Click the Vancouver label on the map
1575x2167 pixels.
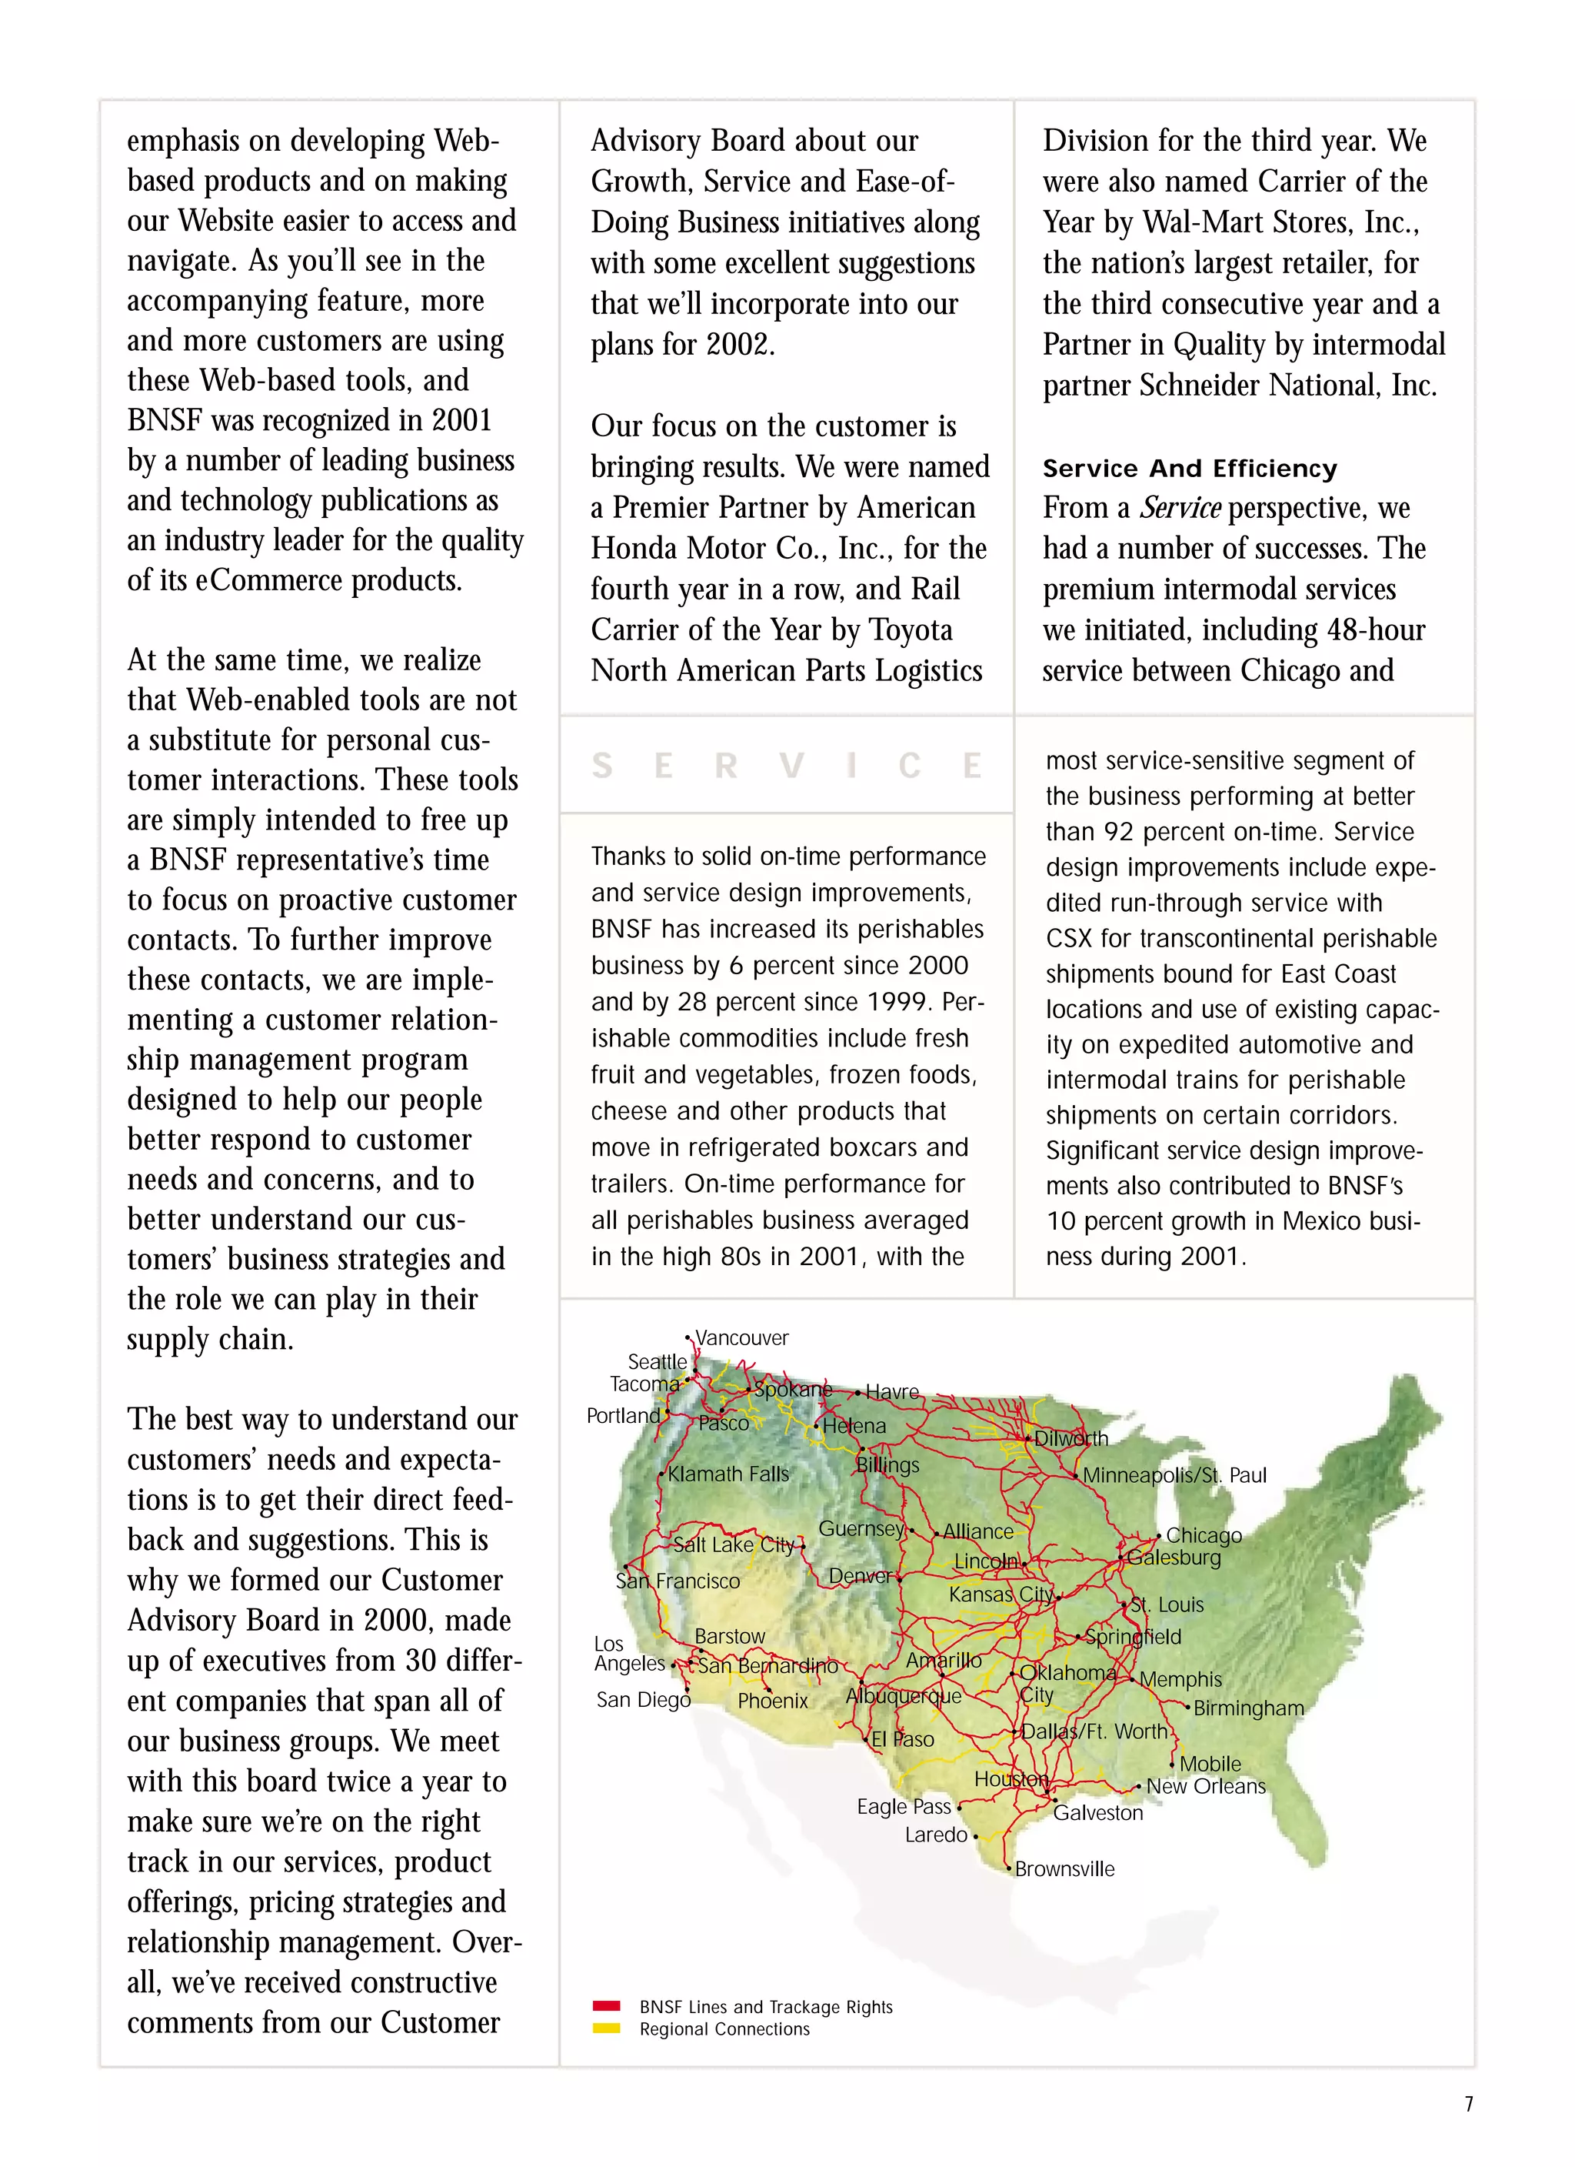click(741, 1337)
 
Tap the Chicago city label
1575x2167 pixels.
click(1203, 1535)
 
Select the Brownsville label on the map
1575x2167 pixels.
click(1064, 1869)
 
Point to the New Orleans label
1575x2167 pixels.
click(1205, 1787)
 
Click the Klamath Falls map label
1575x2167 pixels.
click(728, 1474)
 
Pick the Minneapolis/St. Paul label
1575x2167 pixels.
click(1174, 1475)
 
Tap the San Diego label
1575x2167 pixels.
click(643, 1700)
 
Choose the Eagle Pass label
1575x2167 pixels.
click(904, 1807)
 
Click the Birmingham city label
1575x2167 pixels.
click(1247, 1708)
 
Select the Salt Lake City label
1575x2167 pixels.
click(734, 1545)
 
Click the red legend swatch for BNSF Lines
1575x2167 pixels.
click(607, 2006)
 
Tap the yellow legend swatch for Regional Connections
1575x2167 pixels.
click(607, 2028)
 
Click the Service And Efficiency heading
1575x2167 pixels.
click(1189, 468)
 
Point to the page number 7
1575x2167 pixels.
click(1468, 2104)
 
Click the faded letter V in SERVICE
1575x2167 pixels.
click(791, 766)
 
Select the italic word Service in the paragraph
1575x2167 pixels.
click(1180, 507)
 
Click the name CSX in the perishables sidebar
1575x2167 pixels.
click(1069, 938)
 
